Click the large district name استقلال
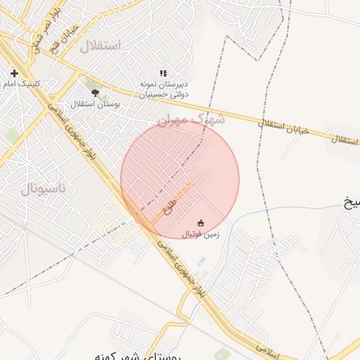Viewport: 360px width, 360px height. (100, 46)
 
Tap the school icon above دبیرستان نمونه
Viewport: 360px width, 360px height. (163, 73)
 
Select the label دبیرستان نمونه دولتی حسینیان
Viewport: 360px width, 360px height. (163, 88)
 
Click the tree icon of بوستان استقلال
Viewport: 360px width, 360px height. (95, 91)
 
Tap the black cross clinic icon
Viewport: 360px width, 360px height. (14, 73)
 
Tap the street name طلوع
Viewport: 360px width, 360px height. (169, 207)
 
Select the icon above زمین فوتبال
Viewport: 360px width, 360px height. (201, 224)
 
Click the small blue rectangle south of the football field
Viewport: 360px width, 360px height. (202, 262)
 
